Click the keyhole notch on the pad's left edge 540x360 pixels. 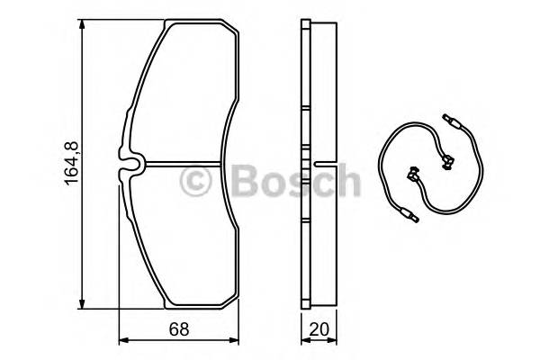click(x=131, y=165)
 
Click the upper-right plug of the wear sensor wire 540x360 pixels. click(x=453, y=119)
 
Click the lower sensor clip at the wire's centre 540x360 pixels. click(x=415, y=174)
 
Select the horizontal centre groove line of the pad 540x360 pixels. click(x=189, y=165)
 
